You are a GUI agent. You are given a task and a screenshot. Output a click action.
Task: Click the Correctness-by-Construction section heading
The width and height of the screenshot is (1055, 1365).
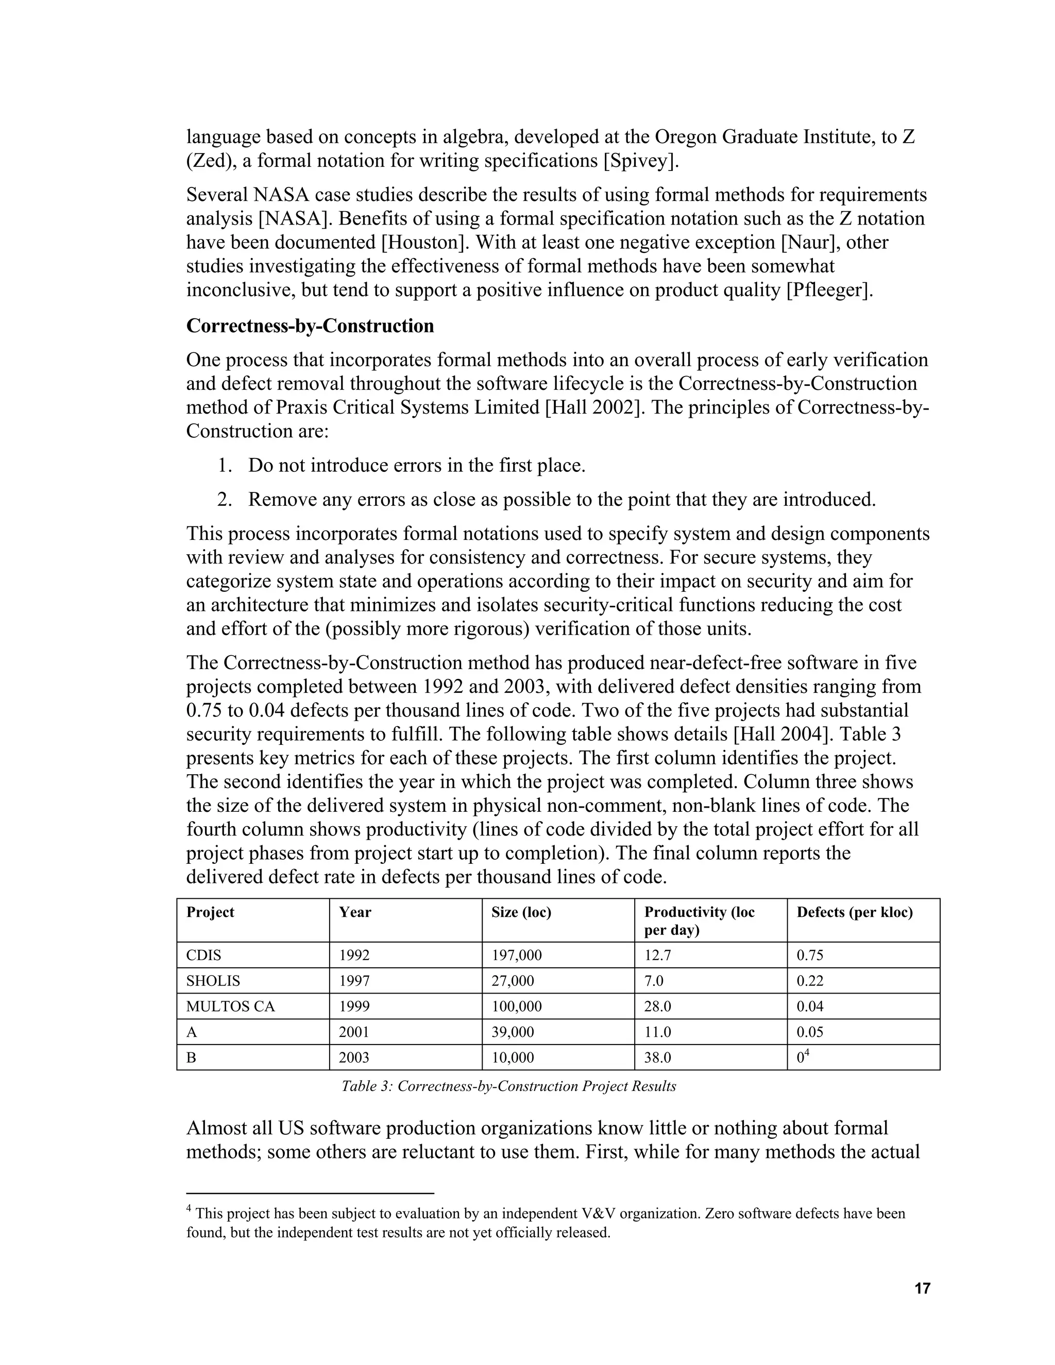pos(310,326)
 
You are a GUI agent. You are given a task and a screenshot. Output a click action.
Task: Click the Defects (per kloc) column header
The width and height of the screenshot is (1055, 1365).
pos(855,913)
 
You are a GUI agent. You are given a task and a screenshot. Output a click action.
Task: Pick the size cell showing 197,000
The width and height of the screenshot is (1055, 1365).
pos(516,955)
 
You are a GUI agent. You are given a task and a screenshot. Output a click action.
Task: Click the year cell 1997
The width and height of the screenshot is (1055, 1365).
pos(354,981)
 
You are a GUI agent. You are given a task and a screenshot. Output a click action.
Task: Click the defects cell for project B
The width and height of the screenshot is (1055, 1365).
pos(803,1057)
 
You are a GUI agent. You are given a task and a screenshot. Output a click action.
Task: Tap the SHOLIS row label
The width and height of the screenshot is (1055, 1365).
pos(213,981)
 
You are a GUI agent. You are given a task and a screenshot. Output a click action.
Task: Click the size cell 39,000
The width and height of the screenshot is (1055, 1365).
pos(513,1032)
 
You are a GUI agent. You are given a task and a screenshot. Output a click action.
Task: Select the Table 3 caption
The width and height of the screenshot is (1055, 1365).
pos(509,1086)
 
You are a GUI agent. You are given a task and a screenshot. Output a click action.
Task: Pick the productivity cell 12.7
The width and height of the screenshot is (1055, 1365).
pos(657,955)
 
